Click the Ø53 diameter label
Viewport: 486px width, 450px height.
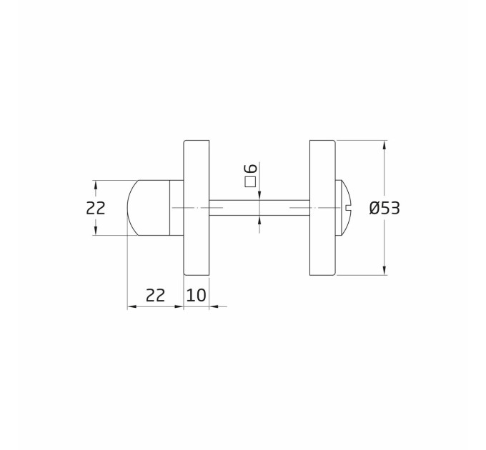point(385,208)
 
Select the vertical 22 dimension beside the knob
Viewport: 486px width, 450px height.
point(96,208)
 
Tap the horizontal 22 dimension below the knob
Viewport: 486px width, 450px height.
point(155,295)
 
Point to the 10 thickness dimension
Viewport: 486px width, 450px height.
point(196,295)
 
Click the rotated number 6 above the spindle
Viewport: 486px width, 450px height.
point(251,168)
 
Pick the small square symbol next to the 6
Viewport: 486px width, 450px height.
point(250,182)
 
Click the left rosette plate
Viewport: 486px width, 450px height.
point(197,208)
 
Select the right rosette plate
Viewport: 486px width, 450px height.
point(322,208)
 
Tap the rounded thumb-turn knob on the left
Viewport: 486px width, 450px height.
point(149,208)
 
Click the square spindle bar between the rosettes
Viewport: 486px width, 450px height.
point(259,208)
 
